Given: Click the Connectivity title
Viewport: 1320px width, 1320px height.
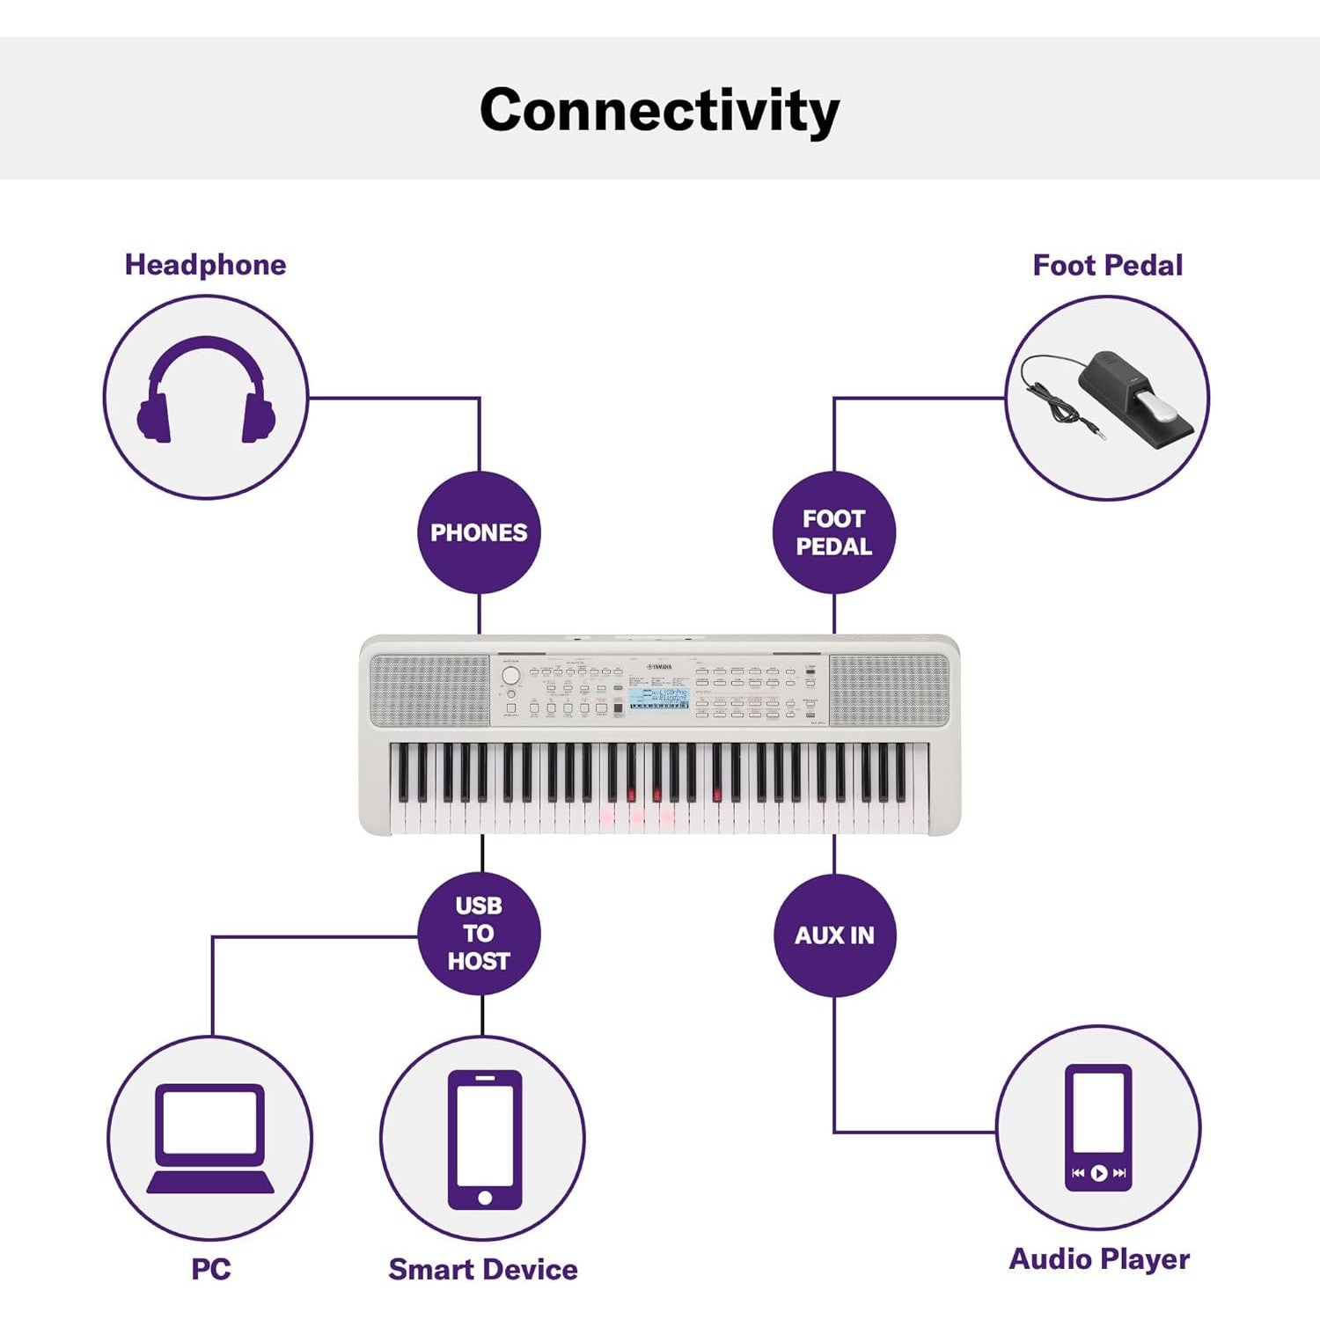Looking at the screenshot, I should pyautogui.click(x=659, y=110).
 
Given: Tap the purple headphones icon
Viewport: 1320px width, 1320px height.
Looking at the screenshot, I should pyautogui.click(x=206, y=391).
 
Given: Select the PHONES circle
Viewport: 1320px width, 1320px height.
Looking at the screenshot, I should pyautogui.click(x=479, y=532).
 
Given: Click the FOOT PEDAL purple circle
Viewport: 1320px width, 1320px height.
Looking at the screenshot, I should pyautogui.click(x=833, y=532).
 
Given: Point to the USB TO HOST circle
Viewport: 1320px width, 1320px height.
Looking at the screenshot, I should pyautogui.click(x=479, y=934).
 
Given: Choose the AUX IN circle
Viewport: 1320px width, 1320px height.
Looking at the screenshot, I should pyautogui.click(x=834, y=935).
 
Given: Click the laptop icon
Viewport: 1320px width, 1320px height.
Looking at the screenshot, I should pyautogui.click(x=210, y=1138).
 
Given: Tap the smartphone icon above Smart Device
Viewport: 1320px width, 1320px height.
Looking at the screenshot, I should pyautogui.click(x=484, y=1139).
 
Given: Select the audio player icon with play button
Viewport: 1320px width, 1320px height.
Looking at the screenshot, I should pyautogui.click(x=1098, y=1127).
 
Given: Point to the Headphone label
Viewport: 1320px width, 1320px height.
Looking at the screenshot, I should pyautogui.click(x=205, y=265).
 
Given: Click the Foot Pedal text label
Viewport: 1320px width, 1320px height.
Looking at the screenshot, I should pyautogui.click(x=1107, y=265).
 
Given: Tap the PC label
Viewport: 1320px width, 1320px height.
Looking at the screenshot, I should pyautogui.click(x=211, y=1269).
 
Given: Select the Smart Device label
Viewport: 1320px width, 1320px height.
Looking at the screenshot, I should pyautogui.click(x=483, y=1269).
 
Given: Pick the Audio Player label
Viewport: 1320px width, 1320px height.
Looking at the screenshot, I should pyautogui.click(x=1099, y=1258).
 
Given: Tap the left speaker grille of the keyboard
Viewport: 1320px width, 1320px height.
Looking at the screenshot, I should pyautogui.click(x=429, y=690).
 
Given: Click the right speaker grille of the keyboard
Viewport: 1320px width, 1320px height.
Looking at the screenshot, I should pyautogui.click(x=890, y=690).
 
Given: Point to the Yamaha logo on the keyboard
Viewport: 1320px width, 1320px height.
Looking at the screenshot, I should pyautogui.click(x=659, y=668).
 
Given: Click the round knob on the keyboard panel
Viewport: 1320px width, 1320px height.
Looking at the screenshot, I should pyautogui.click(x=510, y=676).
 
